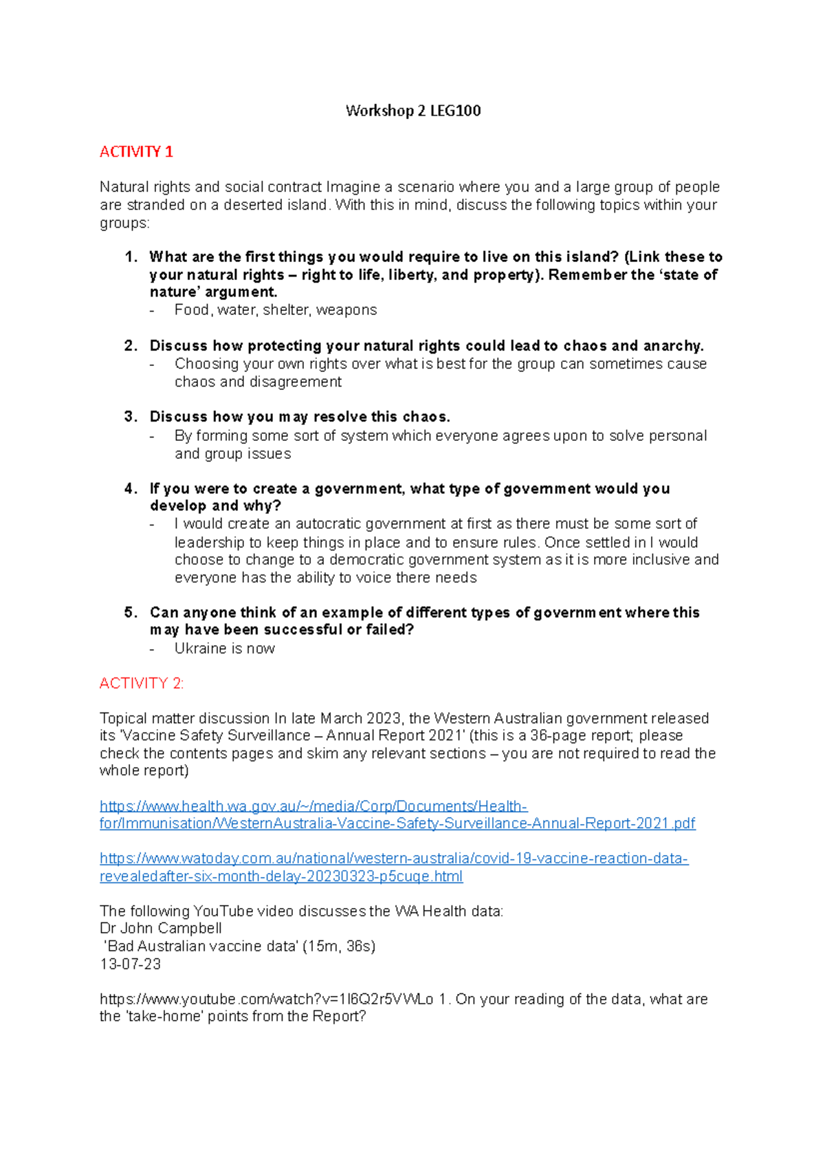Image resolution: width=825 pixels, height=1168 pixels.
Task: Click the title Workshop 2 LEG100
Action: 413,111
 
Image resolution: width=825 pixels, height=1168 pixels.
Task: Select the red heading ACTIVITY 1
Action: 136,152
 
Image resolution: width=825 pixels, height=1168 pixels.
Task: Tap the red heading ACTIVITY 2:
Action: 142,683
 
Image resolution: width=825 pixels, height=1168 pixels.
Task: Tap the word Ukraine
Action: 198,649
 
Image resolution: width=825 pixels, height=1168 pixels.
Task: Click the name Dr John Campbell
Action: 161,929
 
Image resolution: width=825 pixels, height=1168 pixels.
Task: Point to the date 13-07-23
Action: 131,964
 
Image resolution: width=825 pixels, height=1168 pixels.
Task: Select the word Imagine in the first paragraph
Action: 353,187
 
